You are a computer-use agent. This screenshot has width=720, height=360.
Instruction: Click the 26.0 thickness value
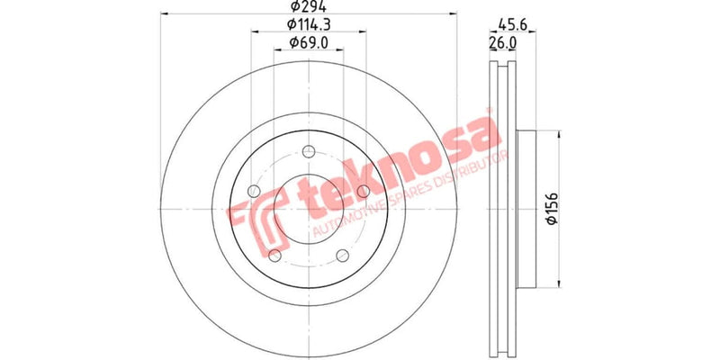[502, 42]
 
